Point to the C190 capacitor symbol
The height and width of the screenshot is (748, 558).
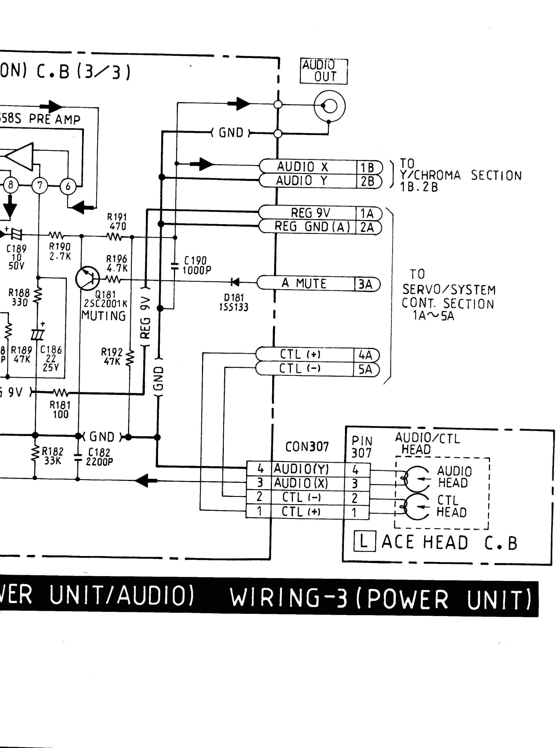click(175, 266)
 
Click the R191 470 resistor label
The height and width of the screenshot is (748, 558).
click(117, 222)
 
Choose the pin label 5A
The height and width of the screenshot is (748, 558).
click(365, 369)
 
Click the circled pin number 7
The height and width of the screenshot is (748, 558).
click(40, 185)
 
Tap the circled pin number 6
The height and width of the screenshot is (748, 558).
click(68, 186)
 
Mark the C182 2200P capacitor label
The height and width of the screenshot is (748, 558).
click(99, 457)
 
